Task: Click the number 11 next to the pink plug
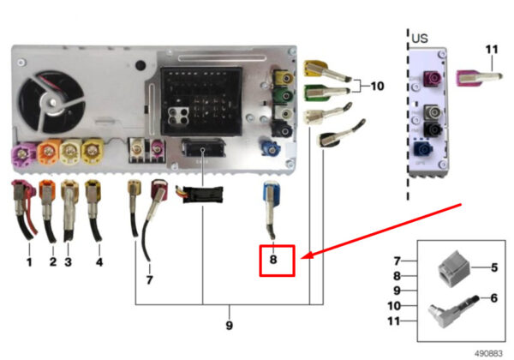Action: coord(490,51)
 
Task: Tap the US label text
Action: coord(420,39)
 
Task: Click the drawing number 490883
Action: coord(489,351)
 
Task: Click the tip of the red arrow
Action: coord(300,255)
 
